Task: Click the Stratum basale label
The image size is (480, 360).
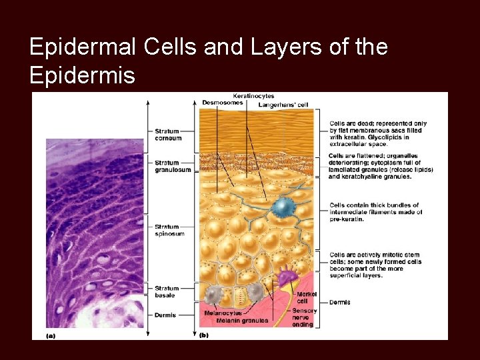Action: click(165, 291)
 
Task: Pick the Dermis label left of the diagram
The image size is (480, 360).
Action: click(165, 315)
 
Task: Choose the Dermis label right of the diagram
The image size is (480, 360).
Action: click(339, 303)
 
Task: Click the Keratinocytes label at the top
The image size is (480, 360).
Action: click(253, 96)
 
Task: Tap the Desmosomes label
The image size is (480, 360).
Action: click(222, 102)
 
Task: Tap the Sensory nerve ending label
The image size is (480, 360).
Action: click(305, 317)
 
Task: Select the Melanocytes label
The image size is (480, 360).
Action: click(223, 313)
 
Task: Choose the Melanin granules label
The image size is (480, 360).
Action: click(242, 321)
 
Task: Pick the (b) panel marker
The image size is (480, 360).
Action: click(203, 335)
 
